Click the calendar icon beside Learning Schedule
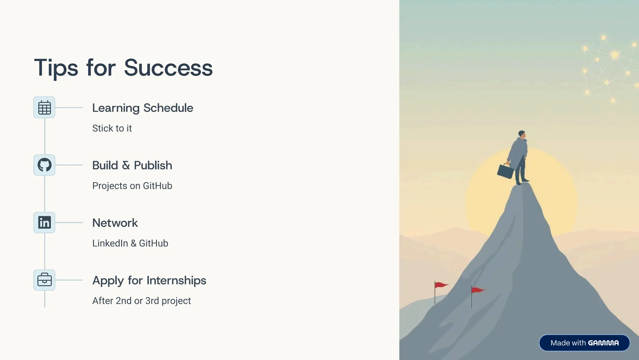pos(44,108)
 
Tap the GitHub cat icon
pos(44,165)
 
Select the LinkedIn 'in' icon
pos(44,222)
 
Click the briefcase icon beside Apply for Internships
pos(44,280)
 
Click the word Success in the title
pos(168,68)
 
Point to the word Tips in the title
pos(56,68)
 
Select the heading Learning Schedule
pos(143,108)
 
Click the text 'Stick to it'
pos(112,128)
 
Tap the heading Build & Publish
pos(132,165)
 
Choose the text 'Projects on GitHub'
pos(132,186)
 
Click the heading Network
pos(115,223)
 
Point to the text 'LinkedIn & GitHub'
pos(130,243)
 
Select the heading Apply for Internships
pos(149,280)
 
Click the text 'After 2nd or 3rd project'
pos(141,301)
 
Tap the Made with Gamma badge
pos(584,343)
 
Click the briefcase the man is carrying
pos(505,171)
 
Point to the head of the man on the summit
pos(522,134)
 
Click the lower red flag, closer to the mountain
pos(477,290)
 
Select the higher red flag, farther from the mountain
pos(441,285)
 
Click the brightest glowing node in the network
pos(615,55)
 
